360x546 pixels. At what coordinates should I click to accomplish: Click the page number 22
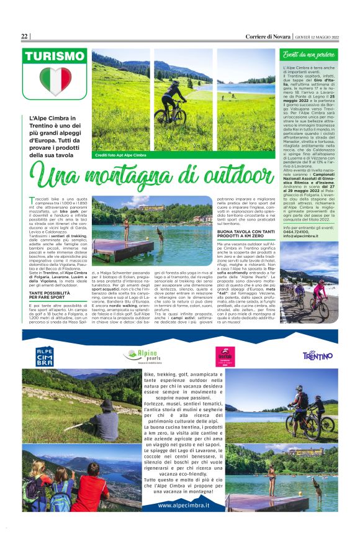[24, 36]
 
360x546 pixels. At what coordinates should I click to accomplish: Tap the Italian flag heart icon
[55, 80]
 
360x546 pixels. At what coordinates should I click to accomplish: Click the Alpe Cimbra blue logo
[45, 356]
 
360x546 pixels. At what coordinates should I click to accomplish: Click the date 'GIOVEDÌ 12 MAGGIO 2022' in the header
[316, 37]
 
